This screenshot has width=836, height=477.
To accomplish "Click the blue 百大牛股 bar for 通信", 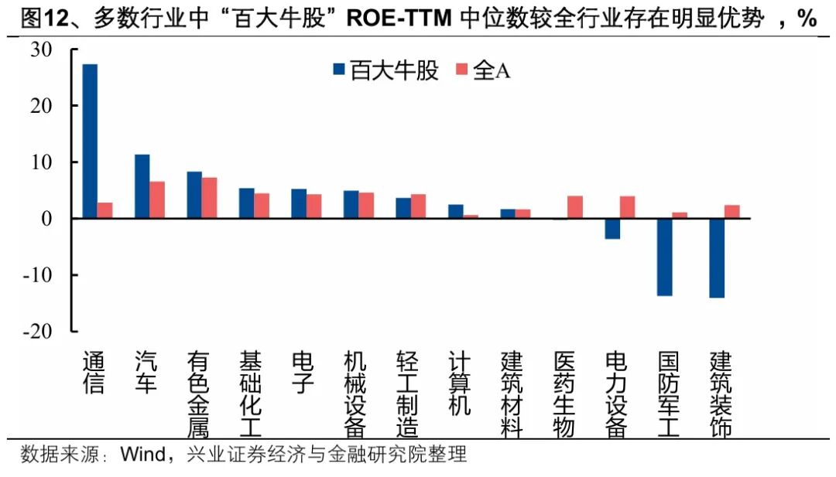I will (90, 141).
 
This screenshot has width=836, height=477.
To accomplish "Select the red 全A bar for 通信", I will (105, 210).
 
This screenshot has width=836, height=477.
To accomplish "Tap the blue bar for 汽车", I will (142, 186).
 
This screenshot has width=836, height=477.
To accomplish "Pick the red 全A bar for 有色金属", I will (210, 198).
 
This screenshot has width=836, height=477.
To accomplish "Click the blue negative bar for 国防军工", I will (665, 257).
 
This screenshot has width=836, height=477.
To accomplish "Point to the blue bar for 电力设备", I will (612, 228).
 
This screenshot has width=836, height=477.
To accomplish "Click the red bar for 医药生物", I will (575, 207).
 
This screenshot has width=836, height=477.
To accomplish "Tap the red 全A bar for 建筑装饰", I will (732, 211).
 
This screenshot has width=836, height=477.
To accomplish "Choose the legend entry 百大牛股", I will (385, 71).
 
